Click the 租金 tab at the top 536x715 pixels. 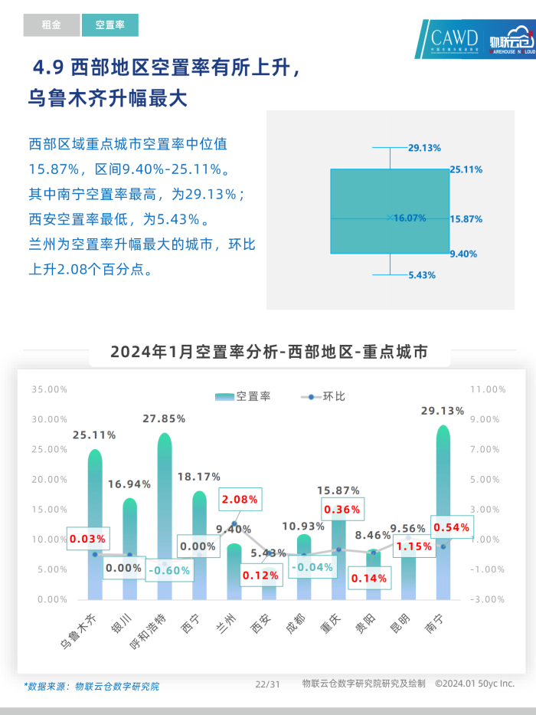pyautogui.click(x=51, y=25)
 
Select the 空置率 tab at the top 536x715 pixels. pyautogui.click(x=110, y=25)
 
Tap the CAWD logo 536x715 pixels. pyautogui.click(x=453, y=39)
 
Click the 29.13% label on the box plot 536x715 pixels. pyautogui.click(x=424, y=147)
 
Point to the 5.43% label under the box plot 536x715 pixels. pyautogui.click(x=422, y=274)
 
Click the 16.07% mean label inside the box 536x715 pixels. pyautogui.click(x=410, y=218)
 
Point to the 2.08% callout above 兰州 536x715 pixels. pyautogui.click(x=240, y=499)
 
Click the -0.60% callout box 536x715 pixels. pyautogui.click(x=169, y=570)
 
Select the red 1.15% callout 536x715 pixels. pyautogui.click(x=413, y=546)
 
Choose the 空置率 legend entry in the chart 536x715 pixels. pyautogui.click(x=243, y=396)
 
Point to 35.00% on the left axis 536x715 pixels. pyautogui.click(x=50, y=389)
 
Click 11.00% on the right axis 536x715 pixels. pyautogui.click(x=488, y=389)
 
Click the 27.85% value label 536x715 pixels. pyautogui.click(x=165, y=418)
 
